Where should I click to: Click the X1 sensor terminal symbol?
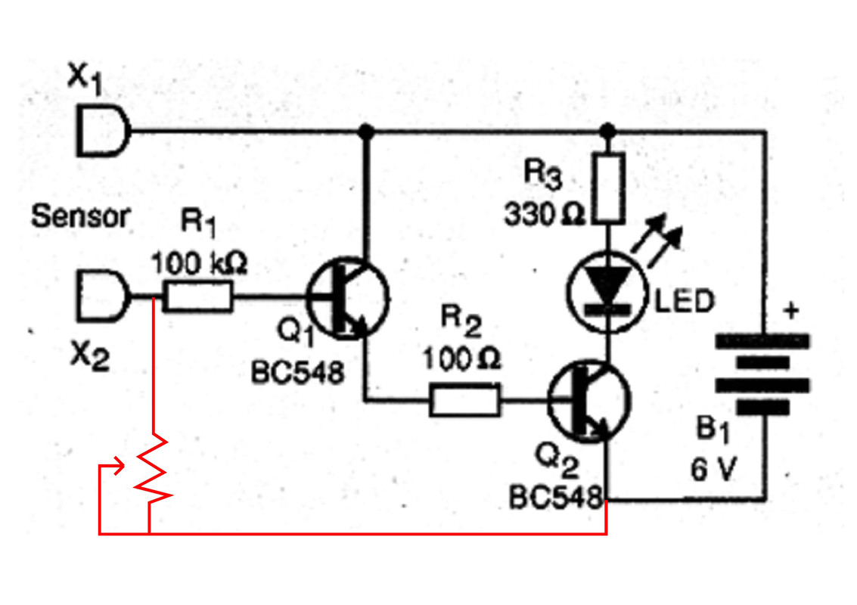coord(103,131)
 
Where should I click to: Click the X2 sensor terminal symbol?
coord(103,296)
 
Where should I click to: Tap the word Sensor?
coord(81,216)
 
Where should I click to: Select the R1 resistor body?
coord(198,296)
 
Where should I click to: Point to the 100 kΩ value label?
coord(199,263)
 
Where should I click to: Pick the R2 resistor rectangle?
coord(464,400)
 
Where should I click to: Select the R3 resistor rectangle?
coord(609,188)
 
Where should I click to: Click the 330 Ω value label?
coord(544,214)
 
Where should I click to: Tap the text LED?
coord(685,301)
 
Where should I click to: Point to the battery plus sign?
coord(791,310)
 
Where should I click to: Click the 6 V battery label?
coord(714,470)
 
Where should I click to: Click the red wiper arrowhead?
coord(120,467)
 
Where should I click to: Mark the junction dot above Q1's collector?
coord(366,131)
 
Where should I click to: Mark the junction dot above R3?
coord(608,131)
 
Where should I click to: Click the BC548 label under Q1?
coord(298,374)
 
